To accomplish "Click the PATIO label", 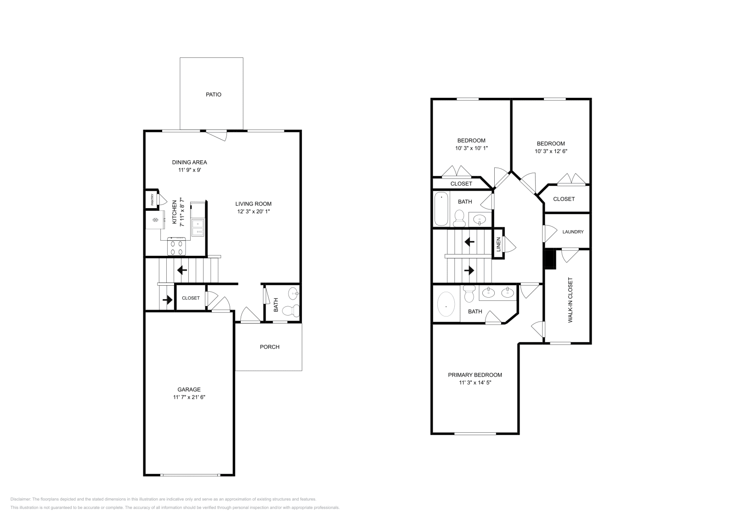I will [213, 95].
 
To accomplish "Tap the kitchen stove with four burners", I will [177, 247].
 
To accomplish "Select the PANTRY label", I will [152, 200].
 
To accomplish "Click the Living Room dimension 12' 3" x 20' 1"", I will [253, 212].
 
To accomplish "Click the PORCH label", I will [270, 347].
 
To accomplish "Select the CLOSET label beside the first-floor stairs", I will [191, 298].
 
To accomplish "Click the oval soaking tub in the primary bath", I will [446, 305].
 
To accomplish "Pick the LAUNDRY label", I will [573, 232].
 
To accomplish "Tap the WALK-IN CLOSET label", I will [571, 300].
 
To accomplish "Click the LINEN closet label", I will [498, 244].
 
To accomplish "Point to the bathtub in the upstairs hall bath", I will [441, 209].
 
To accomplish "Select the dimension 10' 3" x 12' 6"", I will [551, 151].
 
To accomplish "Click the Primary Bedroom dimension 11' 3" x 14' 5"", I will [475, 382].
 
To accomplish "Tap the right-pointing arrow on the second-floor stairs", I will [469, 271].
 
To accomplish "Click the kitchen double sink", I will [198, 227].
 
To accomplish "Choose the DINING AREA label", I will [189, 162].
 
